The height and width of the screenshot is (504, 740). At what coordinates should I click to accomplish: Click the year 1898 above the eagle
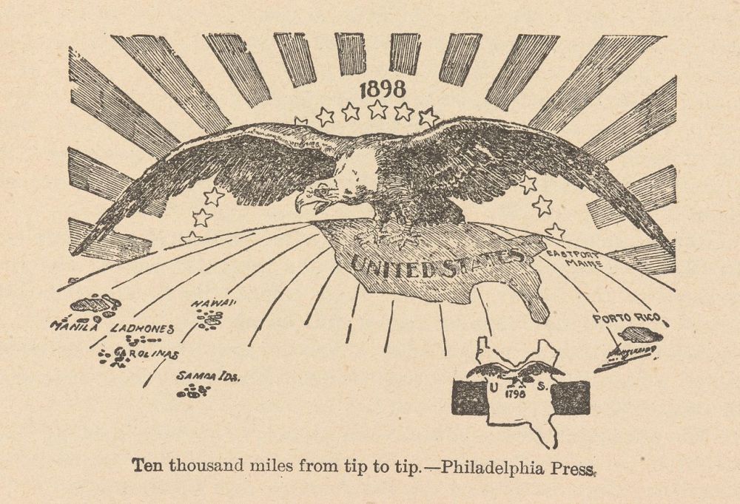tap(382, 89)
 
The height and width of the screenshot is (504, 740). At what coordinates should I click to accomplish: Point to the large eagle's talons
tap(396, 236)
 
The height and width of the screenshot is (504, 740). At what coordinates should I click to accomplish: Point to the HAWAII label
tap(214, 304)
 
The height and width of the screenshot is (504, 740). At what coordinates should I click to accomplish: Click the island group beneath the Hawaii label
tap(209, 319)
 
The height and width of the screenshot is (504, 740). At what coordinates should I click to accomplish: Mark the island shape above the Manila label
tap(96, 304)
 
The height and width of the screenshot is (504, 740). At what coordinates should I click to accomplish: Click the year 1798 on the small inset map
tap(514, 394)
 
